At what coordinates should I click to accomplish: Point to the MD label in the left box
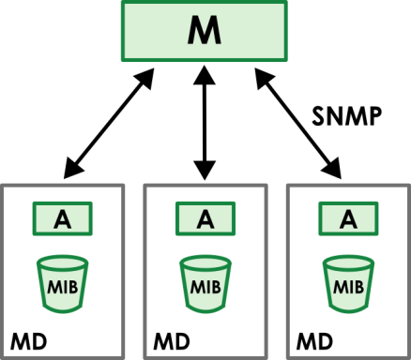pos(29,337)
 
